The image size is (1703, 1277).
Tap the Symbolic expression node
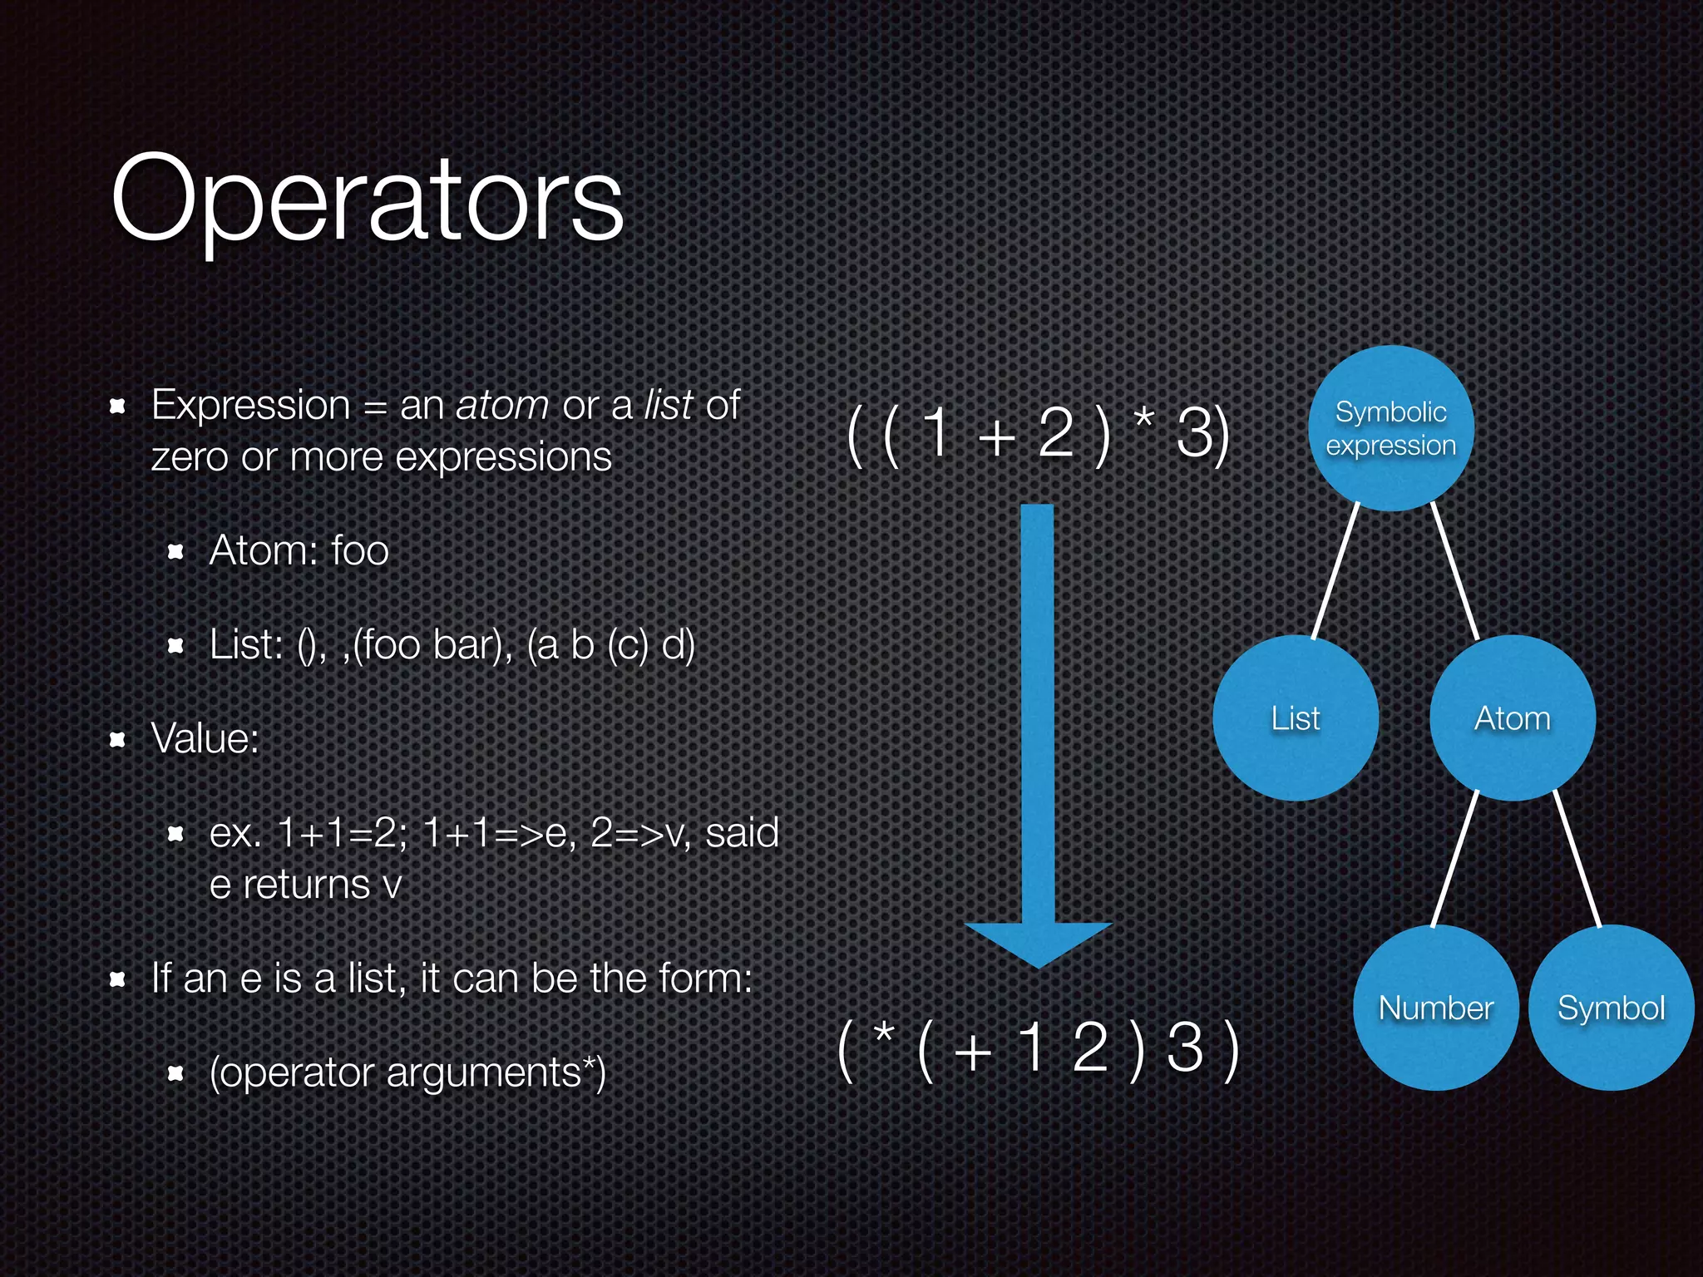click(x=1390, y=429)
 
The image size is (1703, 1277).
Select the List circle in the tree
click(x=1296, y=718)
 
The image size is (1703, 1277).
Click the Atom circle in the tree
click(x=1512, y=718)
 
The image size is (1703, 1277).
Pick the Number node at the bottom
click(x=1436, y=1008)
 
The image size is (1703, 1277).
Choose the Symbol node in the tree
click(x=1611, y=1008)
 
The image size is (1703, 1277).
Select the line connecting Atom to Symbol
click(x=1577, y=858)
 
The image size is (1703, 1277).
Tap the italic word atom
click(x=501, y=406)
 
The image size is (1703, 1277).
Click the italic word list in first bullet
click(x=668, y=406)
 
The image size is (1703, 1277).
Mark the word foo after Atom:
click(x=359, y=550)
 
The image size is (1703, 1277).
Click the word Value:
click(x=205, y=738)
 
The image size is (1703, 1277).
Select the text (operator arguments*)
click(x=407, y=1072)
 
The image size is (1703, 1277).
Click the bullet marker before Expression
click(x=117, y=406)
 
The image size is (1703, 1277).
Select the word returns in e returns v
click(x=306, y=885)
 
